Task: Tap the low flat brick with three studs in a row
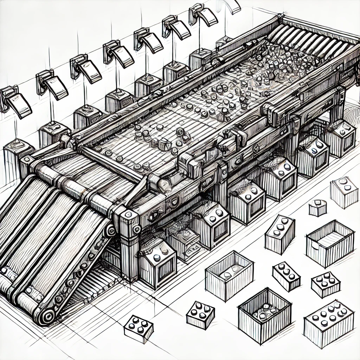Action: pyautogui.click(x=286, y=276)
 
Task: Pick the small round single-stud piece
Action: pyautogui.click(x=317, y=207)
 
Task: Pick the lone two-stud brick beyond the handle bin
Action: pyautogui.click(x=344, y=192)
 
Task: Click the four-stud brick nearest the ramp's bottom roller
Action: pyautogui.click(x=139, y=329)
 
